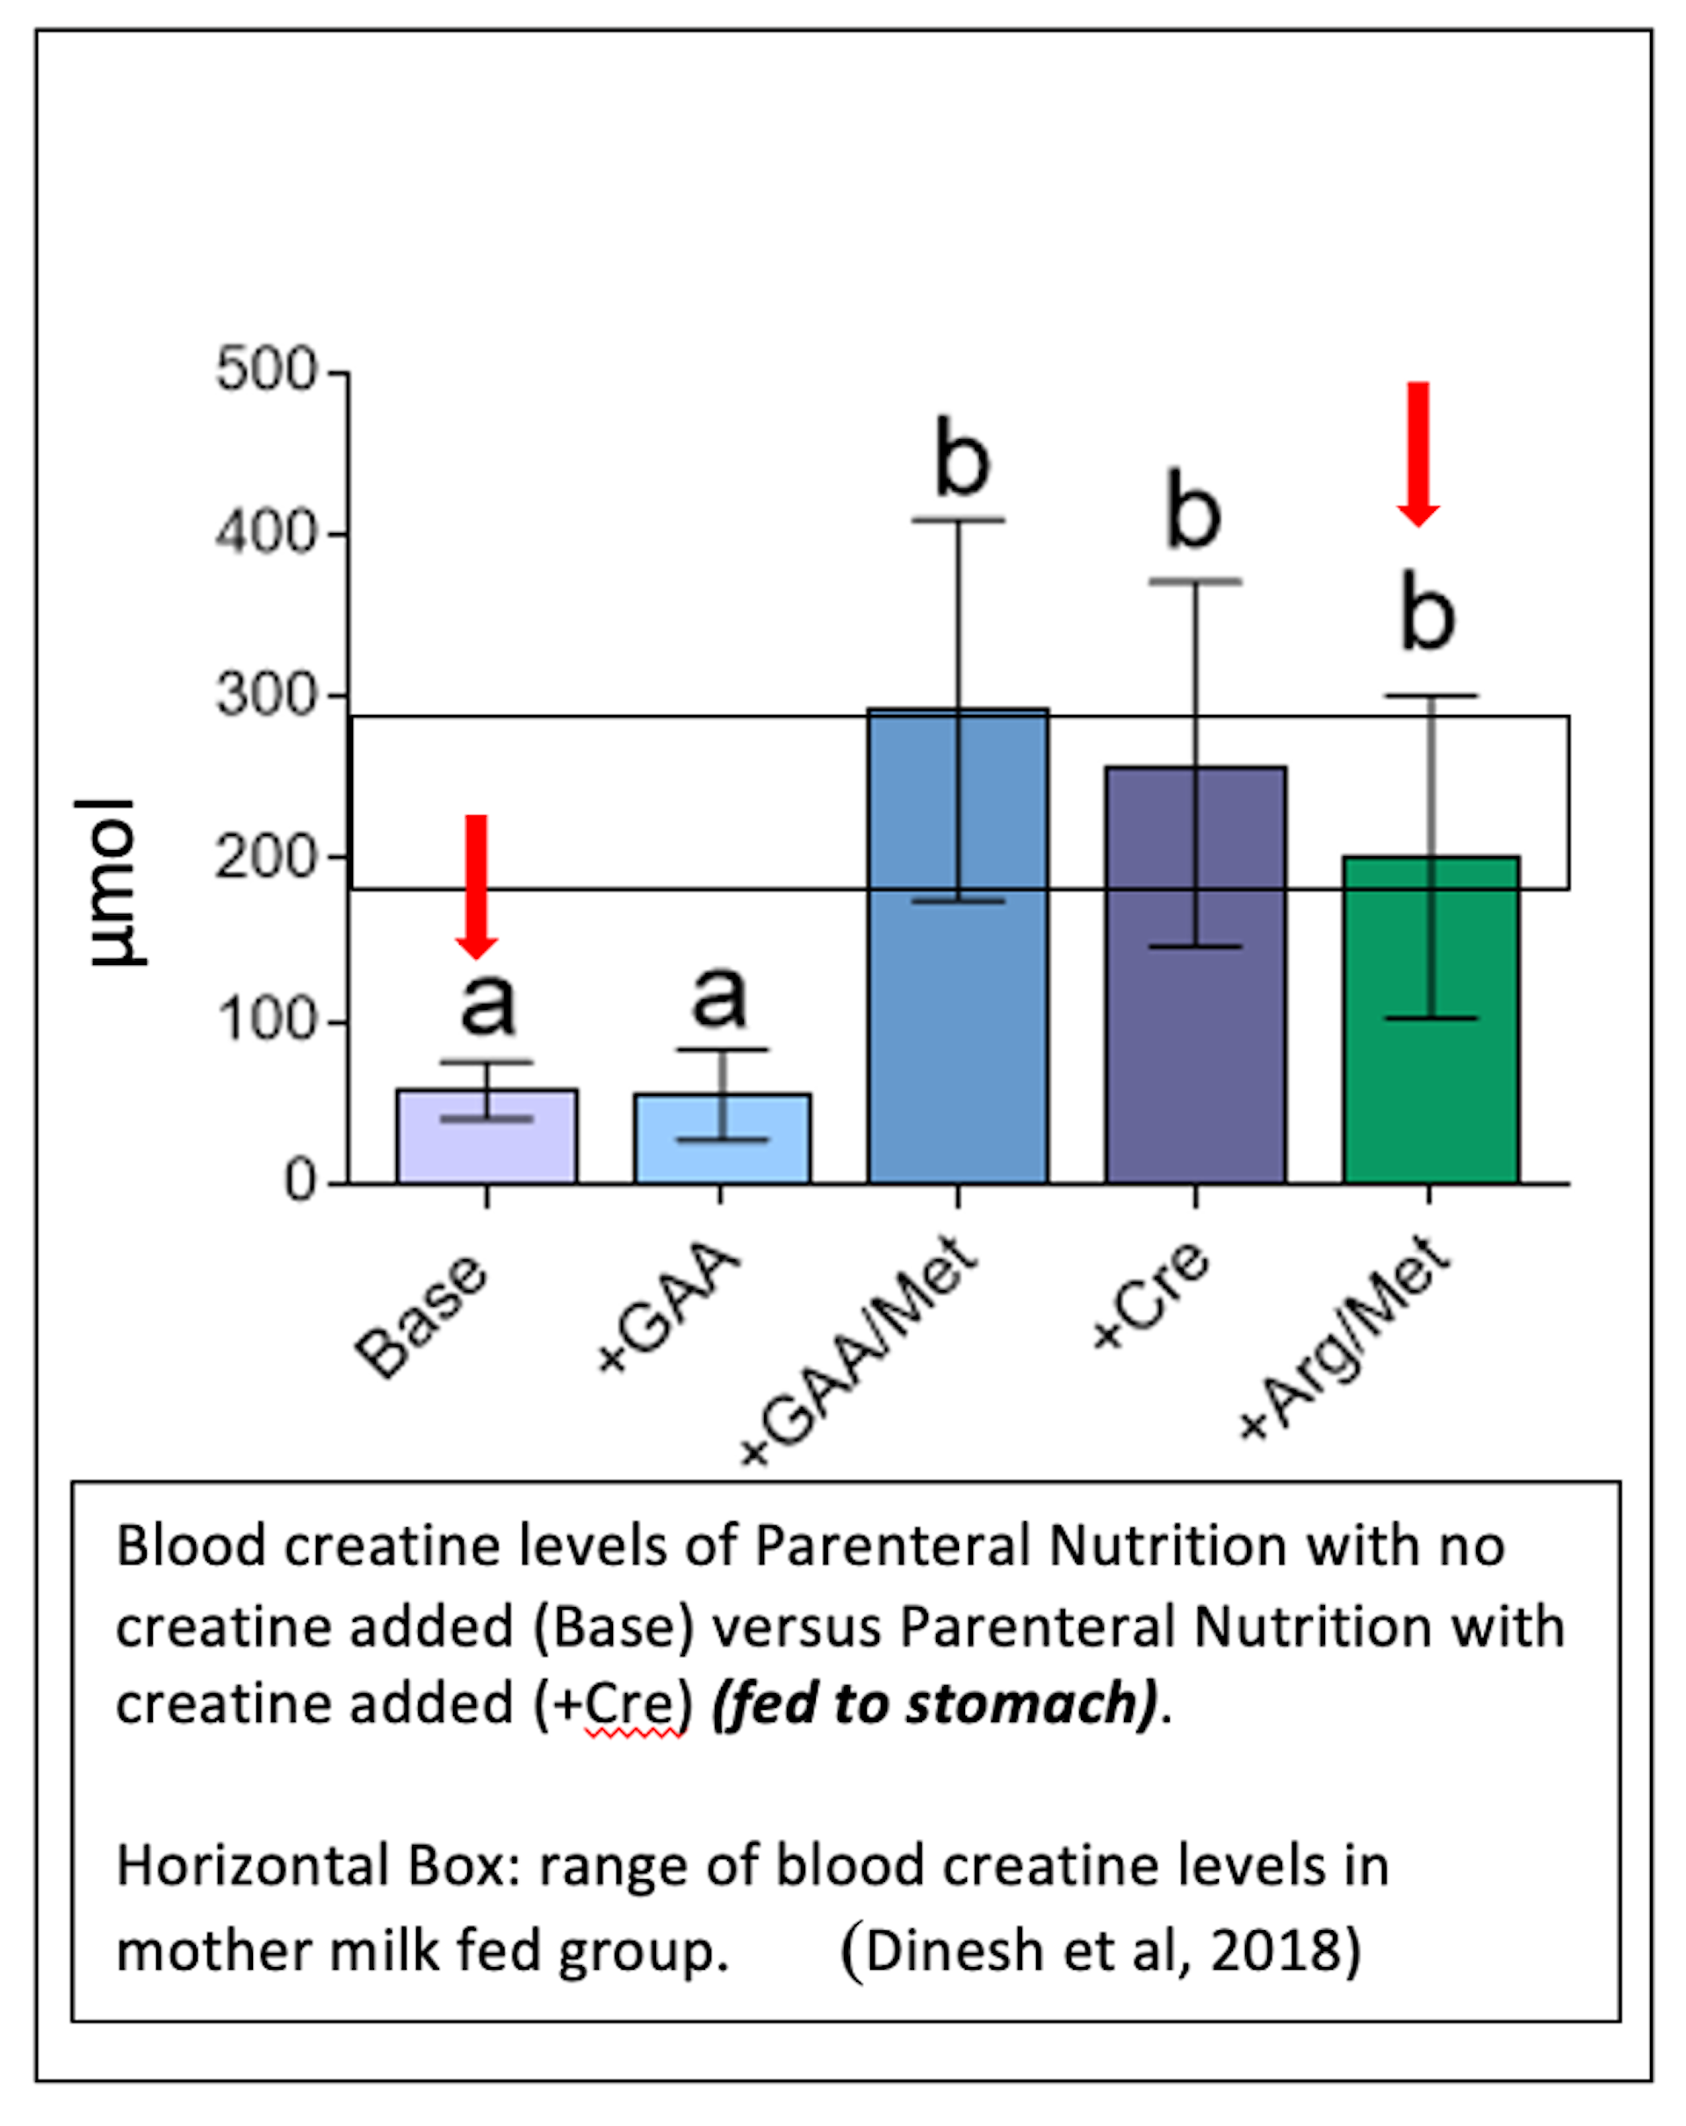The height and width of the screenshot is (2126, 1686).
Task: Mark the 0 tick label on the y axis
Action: tap(299, 1181)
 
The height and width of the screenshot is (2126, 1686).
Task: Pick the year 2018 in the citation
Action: tap(1272, 1950)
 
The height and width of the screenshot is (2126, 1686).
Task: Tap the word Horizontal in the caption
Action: tap(252, 1866)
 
